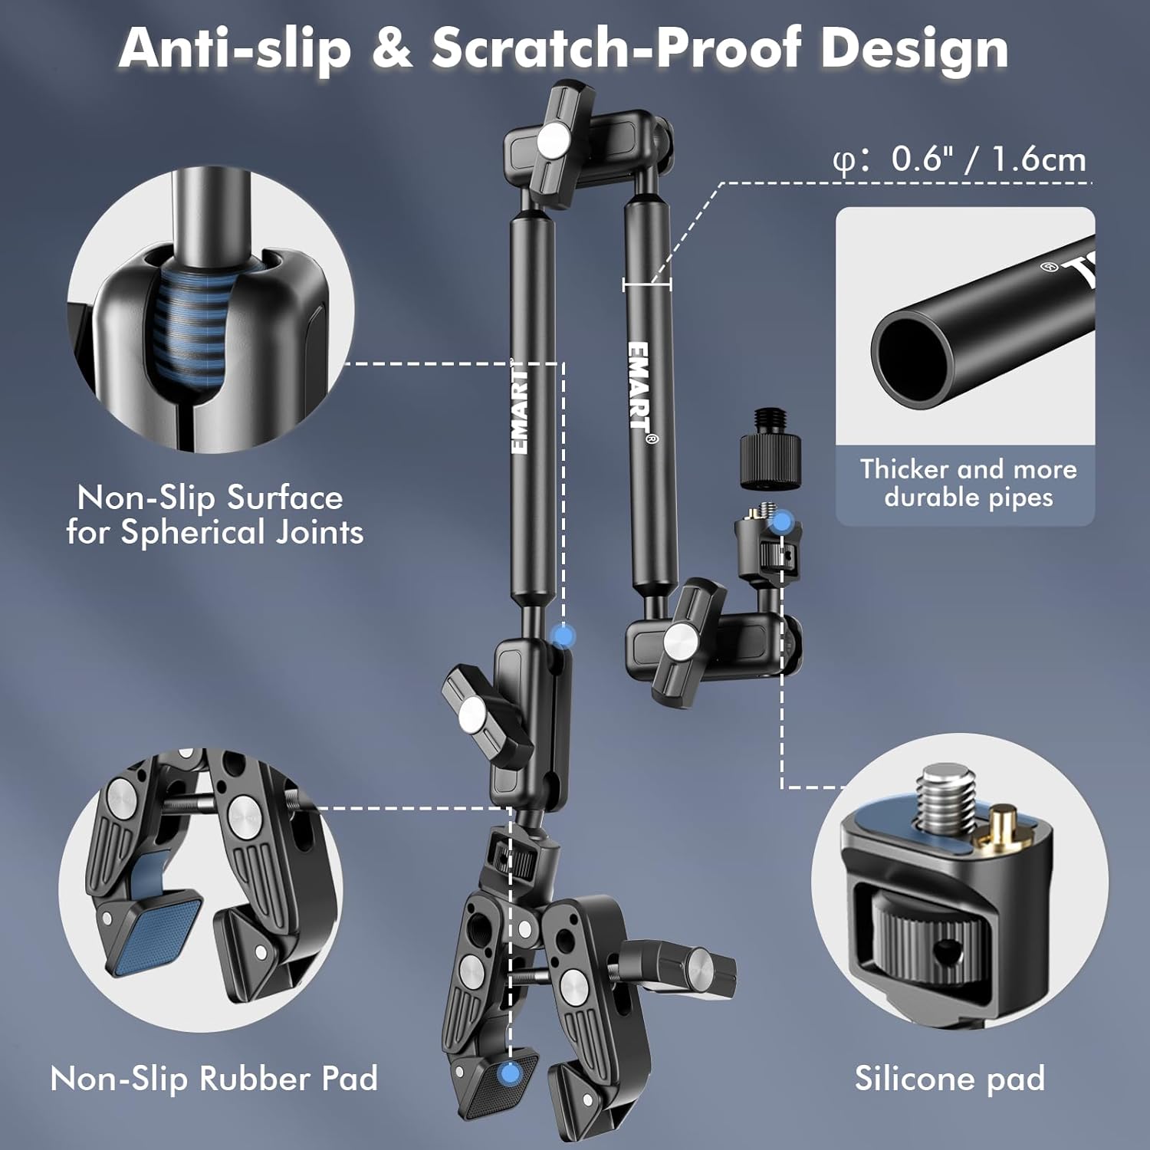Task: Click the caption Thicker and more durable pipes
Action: pos(968,483)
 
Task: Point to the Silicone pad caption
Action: pos(950,1078)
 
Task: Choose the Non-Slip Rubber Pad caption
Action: pos(214,1078)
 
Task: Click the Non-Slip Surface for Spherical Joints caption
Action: pos(215,515)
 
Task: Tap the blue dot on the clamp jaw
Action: pos(508,1073)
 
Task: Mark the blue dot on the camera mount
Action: pos(781,524)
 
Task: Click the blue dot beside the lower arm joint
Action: pos(563,636)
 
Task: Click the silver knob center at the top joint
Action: pos(553,139)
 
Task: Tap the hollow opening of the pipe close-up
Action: pos(912,356)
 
